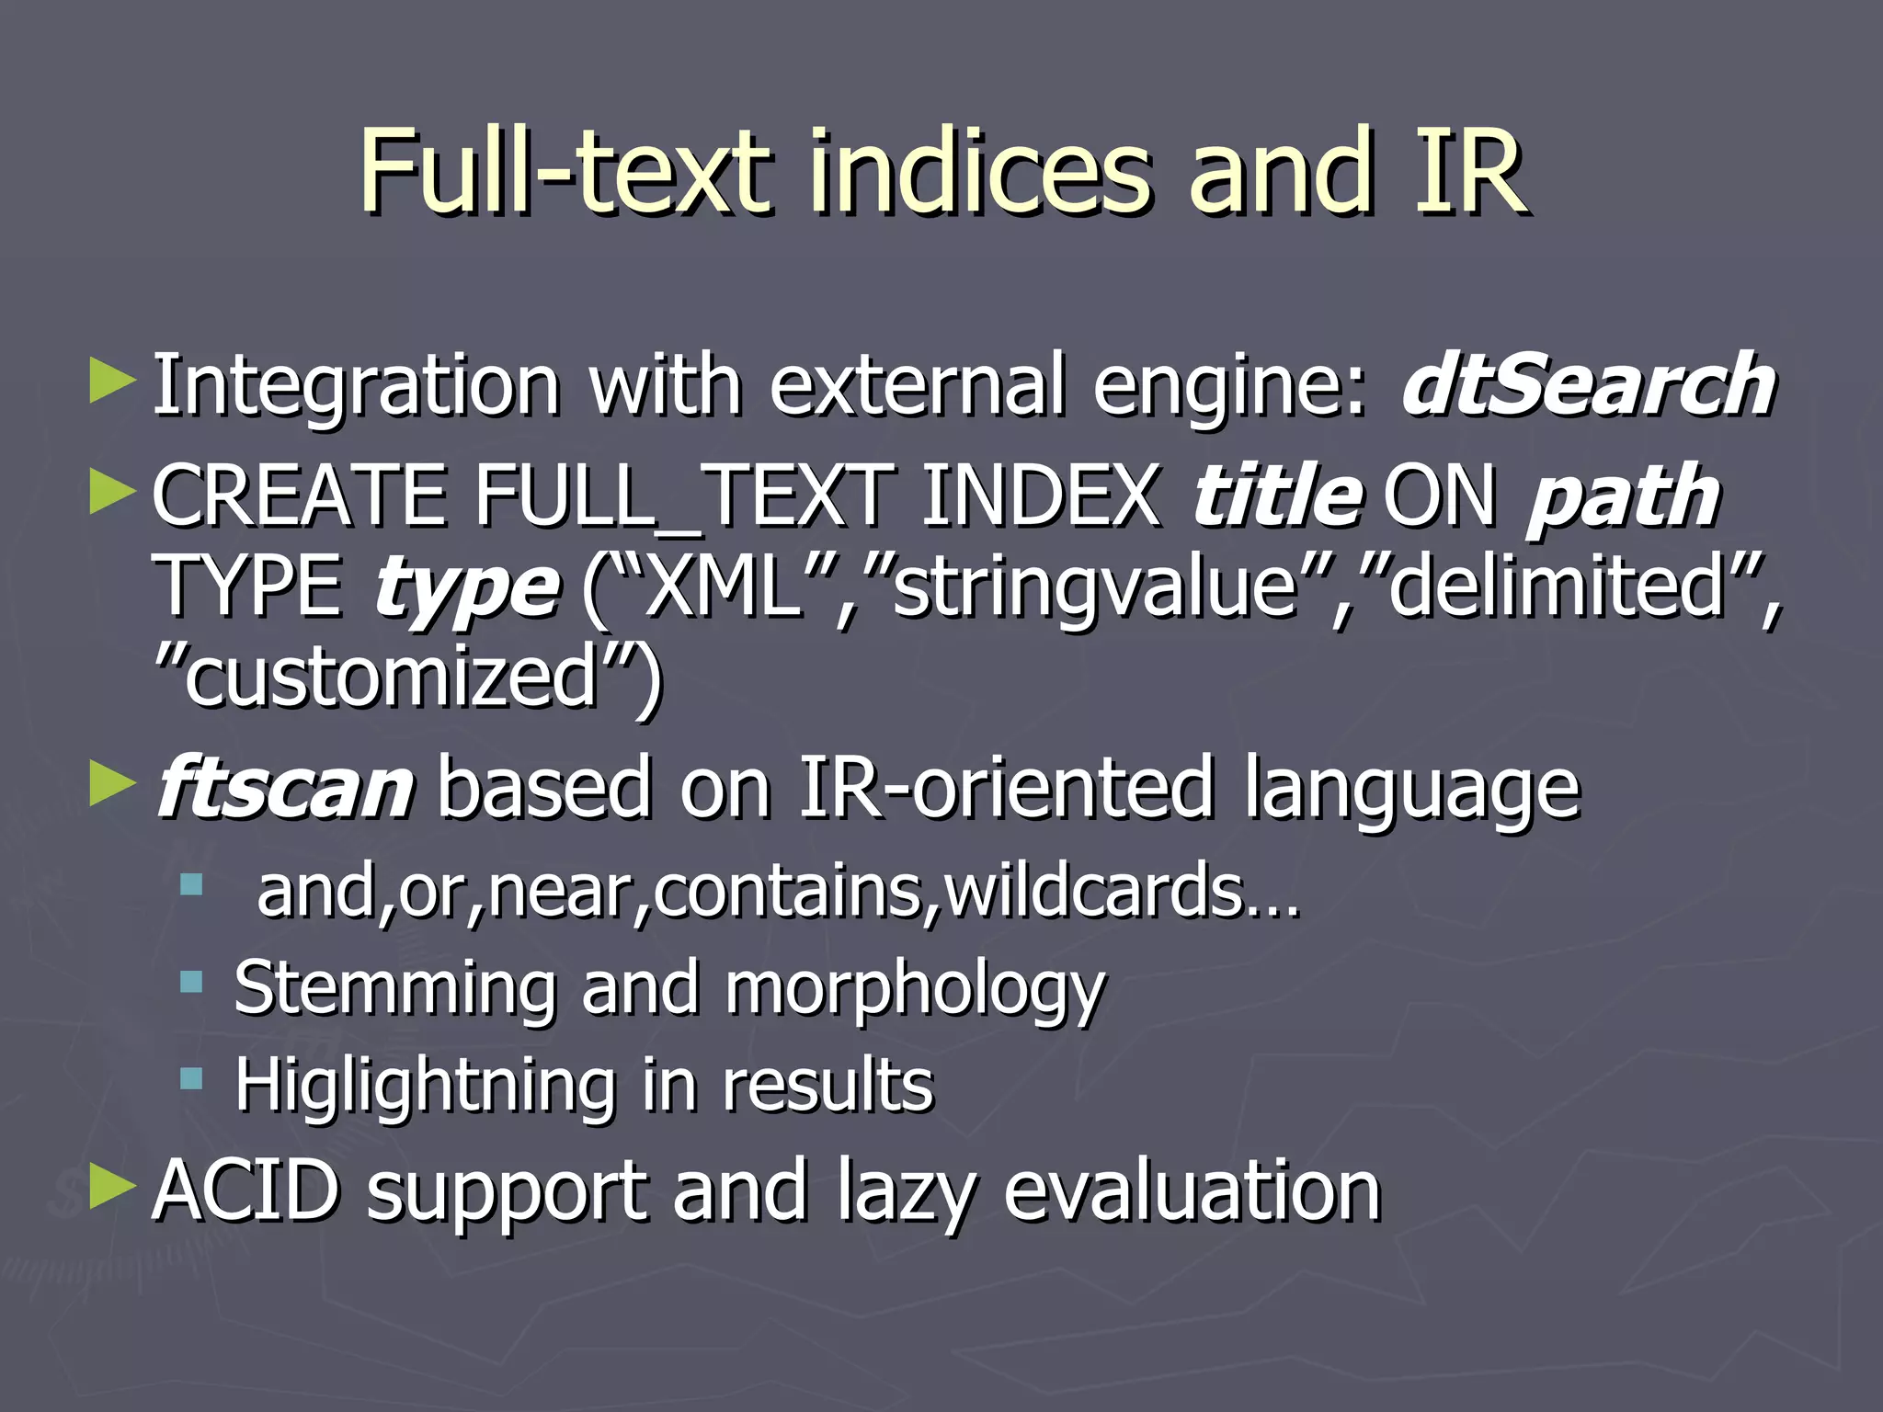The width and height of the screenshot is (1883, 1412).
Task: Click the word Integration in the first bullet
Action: click(x=356, y=386)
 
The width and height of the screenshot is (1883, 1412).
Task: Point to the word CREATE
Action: click(x=297, y=496)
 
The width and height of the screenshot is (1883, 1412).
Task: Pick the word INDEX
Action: click(x=1041, y=496)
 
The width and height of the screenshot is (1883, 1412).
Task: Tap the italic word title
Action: click(x=1277, y=496)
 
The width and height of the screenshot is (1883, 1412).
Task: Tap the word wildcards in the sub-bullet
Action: click(x=1094, y=892)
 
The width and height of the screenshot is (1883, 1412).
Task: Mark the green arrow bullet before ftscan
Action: click(x=112, y=785)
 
